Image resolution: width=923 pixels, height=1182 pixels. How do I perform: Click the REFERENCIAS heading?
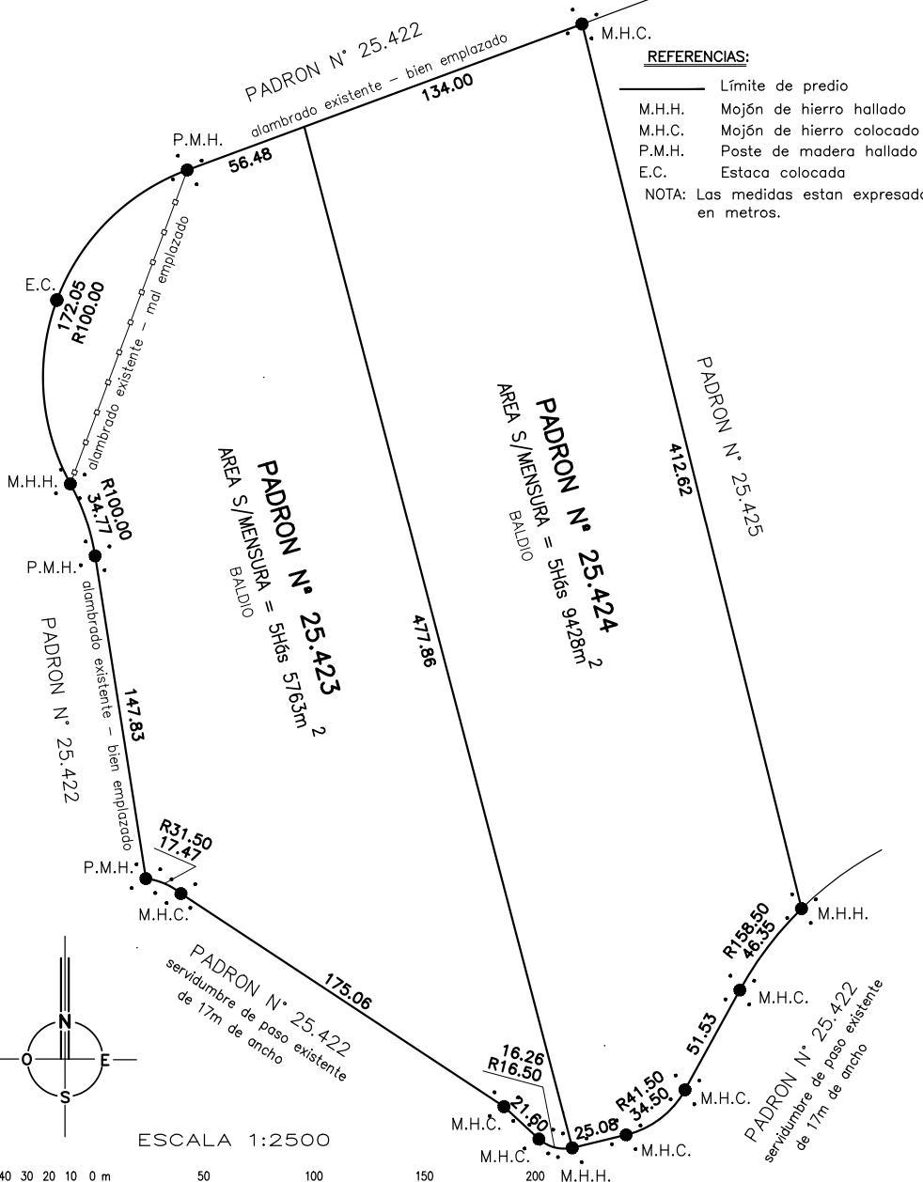tap(696, 57)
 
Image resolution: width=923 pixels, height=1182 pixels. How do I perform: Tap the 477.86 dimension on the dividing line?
tap(424, 640)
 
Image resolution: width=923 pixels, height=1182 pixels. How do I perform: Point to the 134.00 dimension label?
tap(447, 86)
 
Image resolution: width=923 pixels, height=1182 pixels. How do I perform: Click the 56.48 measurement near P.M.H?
tap(251, 161)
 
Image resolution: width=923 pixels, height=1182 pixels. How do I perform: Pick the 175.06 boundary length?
tap(348, 992)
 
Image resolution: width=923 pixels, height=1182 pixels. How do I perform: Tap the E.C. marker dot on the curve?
tap(56, 300)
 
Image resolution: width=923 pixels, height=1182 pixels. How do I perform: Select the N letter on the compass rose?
tap(65, 1021)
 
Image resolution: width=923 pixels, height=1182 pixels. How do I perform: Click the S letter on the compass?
tap(65, 1097)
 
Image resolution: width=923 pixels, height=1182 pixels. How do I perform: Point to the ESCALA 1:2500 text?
tap(234, 1141)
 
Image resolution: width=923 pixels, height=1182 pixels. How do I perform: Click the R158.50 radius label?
tap(744, 928)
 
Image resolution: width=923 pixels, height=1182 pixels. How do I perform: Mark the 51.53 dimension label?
tap(702, 1034)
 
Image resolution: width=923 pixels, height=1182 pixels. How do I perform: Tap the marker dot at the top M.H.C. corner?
tap(582, 24)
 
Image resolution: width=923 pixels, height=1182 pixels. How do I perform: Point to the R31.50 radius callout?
tap(184, 832)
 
